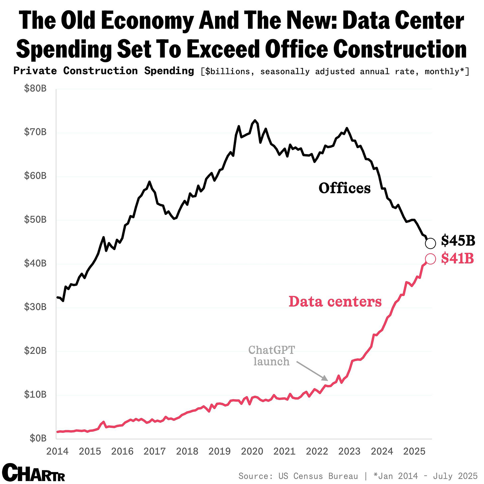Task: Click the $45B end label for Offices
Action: click(x=458, y=241)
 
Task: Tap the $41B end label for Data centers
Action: click(x=457, y=258)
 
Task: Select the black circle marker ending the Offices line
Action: click(x=430, y=243)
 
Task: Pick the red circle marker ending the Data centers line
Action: click(x=430, y=259)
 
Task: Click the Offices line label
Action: click(x=344, y=188)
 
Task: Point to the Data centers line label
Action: click(x=335, y=302)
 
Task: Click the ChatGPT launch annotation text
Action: click(x=272, y=356)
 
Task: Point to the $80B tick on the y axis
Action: click(x=35, y=89)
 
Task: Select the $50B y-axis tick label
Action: click(x=35, y=220)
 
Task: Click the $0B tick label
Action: click(x=38, y=438)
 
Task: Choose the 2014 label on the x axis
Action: click(x=57, y=451)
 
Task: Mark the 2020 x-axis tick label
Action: click(x=252, y=451)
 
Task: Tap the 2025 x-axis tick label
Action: click(x=414, y=451)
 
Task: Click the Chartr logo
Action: click(x=33, y=472)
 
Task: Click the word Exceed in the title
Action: click(x=222, y=49)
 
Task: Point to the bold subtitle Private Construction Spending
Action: click(x=104, y=71)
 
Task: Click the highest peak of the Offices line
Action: click(x=255, y=121)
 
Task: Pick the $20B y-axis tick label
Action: click(x=35, y=351)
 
